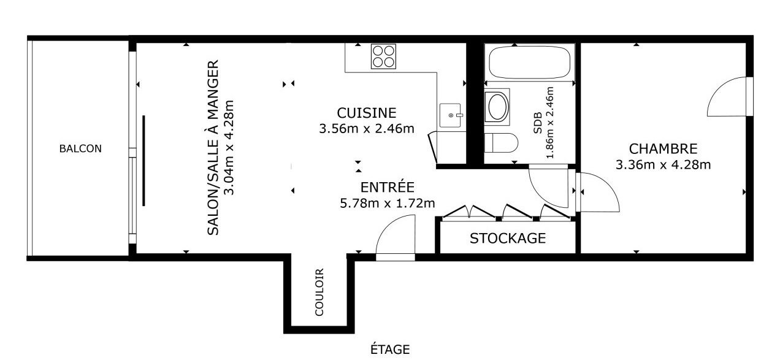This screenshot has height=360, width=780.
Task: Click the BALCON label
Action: point(80,148)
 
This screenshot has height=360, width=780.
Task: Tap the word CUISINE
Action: point(367,113)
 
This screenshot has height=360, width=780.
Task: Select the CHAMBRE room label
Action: point(663,149)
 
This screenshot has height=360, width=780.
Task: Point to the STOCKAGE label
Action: point(508,239)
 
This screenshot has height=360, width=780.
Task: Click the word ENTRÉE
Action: point(387,186)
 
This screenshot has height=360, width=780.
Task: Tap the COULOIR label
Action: point(319,292)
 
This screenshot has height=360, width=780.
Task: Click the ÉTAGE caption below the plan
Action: point(390,349)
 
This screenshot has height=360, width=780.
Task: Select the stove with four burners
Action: point(383,56)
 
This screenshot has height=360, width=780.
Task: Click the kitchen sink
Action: point(451,115)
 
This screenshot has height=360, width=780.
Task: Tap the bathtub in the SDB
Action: point(530,62)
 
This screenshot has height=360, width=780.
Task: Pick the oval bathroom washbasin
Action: point(497,107)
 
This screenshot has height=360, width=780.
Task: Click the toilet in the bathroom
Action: point(501,143)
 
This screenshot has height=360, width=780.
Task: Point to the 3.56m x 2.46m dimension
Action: point(367,129)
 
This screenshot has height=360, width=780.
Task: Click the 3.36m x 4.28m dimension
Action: point(663,165)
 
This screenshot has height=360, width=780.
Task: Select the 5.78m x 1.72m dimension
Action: point(387,203)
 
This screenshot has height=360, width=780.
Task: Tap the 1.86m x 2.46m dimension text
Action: point(549,123)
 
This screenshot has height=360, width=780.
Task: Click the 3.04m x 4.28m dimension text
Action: point(229,148)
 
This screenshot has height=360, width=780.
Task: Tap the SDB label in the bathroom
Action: point(538,123)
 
